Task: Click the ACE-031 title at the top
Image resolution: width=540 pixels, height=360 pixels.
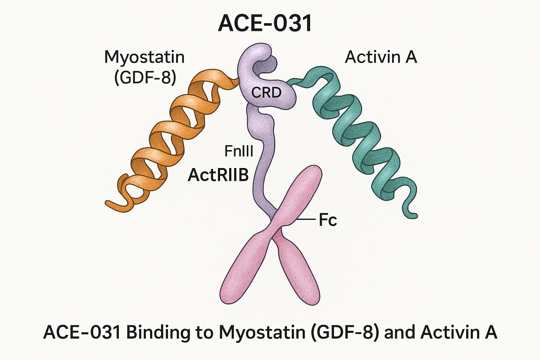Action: (x=265, y=24)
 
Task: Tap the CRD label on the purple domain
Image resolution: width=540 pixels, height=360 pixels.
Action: (x=266, y=92)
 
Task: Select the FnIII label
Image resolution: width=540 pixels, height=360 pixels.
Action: (x=239, y=151)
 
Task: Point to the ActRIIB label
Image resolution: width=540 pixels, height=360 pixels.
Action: (x=218, y=175)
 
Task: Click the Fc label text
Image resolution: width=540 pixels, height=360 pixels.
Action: (x=328, y=220)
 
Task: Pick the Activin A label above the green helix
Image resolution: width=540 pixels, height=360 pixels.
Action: (x=381, y=57)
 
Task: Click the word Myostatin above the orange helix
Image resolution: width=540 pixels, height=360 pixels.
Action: (x=144, y=57)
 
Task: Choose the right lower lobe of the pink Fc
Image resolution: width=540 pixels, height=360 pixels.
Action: (x=299, y=274)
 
